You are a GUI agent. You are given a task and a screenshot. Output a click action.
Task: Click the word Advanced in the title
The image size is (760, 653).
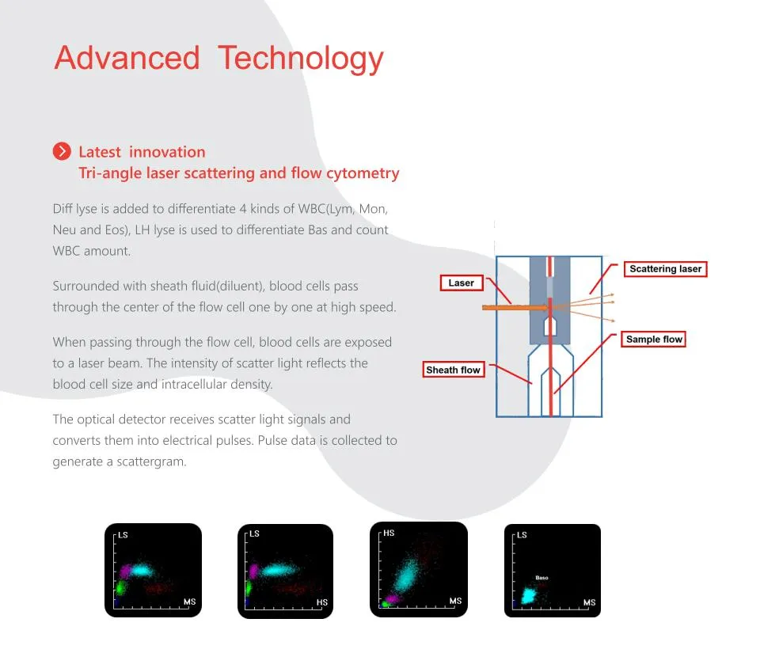point(127,58)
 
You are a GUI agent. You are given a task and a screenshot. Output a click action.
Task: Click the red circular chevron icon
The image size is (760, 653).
point(62,151)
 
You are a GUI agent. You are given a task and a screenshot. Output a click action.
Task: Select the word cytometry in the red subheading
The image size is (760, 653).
point(363,173)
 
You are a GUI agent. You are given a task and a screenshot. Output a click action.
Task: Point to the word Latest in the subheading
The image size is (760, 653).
point(100,152)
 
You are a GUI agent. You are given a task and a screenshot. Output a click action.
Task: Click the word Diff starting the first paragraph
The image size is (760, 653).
point(63,209)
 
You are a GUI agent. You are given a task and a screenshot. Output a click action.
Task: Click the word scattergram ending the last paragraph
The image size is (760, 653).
point(151,461)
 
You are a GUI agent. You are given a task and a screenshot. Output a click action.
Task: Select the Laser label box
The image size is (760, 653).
point(462,283)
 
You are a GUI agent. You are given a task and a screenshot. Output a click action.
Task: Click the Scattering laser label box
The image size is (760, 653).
point(666,269)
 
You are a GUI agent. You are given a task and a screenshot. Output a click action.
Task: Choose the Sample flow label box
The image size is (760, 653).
point(654,339)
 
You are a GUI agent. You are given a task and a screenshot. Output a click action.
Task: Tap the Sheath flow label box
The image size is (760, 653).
point(453,370)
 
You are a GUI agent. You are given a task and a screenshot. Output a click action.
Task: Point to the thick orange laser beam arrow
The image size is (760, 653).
point(515,307)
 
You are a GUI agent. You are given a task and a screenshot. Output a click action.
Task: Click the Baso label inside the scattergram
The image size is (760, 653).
point(541,578)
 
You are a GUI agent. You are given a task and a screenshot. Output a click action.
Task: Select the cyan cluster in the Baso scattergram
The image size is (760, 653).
point(529,595)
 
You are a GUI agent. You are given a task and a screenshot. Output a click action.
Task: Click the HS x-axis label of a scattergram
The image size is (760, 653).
point(322,602)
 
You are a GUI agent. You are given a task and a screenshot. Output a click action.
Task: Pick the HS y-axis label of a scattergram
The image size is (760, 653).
point(389,533)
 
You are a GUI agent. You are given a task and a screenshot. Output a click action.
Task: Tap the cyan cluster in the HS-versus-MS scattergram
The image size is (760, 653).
point(405,575)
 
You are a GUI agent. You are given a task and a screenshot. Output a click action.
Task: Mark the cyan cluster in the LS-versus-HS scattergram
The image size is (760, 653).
point(279,570)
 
